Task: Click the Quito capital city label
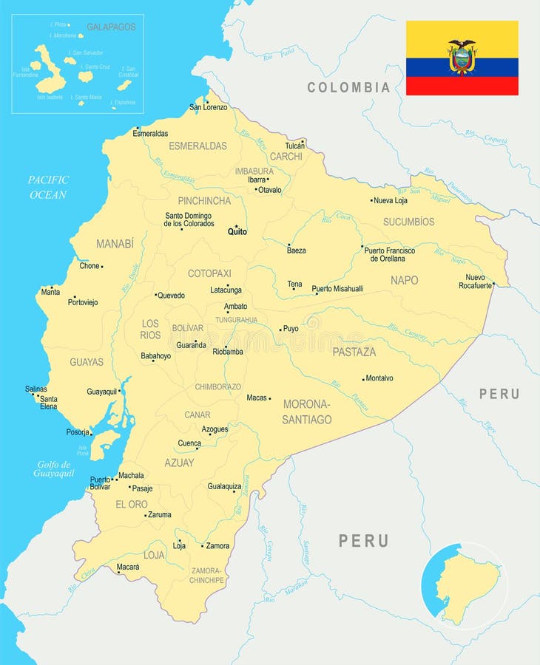point(237,231)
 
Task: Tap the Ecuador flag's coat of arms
point(462,57)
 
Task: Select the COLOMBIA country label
point(348,87)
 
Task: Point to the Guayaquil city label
point(102,392)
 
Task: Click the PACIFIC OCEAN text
point(48,187)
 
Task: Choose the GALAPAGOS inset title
point(111,27)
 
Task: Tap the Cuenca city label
point(189,443)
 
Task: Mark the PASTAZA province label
point(354,352)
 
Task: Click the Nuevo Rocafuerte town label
point(475,282)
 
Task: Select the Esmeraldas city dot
point(138,128)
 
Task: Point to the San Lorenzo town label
point(209,107)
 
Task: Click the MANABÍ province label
point(115,243)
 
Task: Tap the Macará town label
point(127,567)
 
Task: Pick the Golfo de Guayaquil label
point(53,468)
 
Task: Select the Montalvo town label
point(379,378)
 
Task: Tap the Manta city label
point(50,292)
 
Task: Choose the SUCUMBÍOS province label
point(408,222)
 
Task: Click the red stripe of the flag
point(462,86)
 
